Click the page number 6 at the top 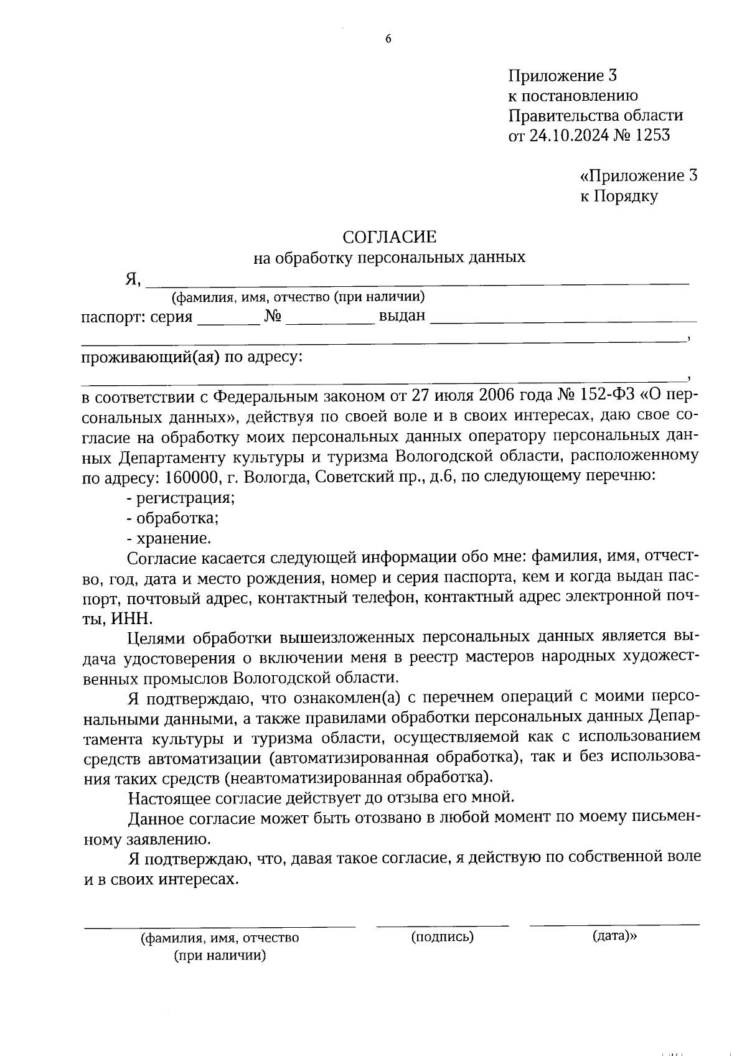388,39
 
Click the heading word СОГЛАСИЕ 390,236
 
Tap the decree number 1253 652,135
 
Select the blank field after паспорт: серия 228,322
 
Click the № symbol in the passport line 273,316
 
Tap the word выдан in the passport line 402,316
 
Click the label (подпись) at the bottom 443,936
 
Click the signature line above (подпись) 442,925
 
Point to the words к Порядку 619,197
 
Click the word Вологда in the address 277,477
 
